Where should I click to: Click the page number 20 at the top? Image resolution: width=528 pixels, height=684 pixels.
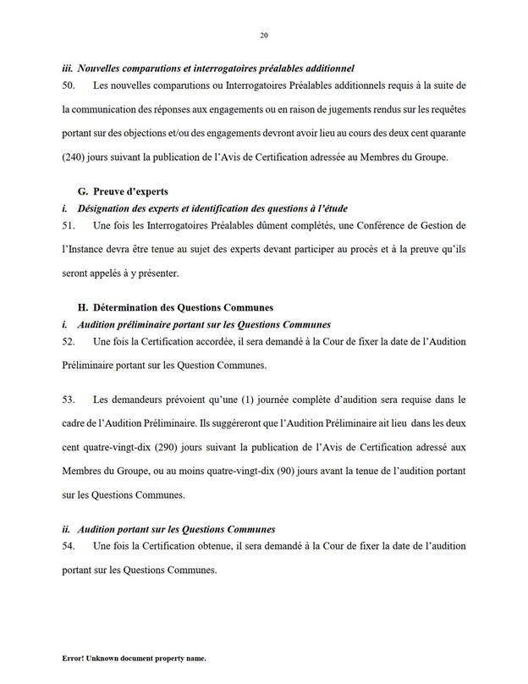pos(263,35)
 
